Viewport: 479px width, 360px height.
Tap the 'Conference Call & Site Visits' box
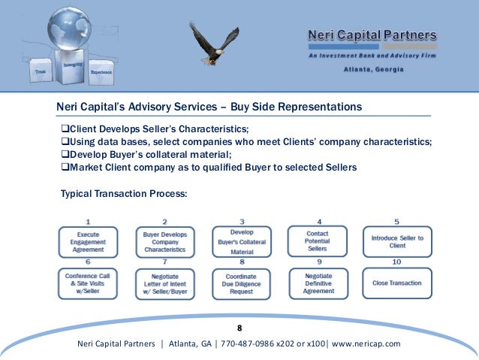click(89, 283)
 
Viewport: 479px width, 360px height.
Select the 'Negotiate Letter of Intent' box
click(166, 283)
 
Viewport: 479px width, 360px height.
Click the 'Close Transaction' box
click(397, 283)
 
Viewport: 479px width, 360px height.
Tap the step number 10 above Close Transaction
click(396, 262)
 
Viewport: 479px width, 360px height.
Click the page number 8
click(239, 328)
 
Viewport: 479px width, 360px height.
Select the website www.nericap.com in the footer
click(366, 344)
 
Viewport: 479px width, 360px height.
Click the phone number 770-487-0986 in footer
click(248, 344)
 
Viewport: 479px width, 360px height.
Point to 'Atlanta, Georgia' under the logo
click(373, 69)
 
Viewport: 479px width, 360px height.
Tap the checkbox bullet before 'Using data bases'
click(65, 141)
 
